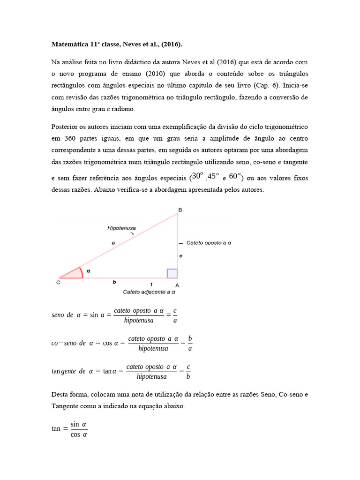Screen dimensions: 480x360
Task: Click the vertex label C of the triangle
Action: [58, 283]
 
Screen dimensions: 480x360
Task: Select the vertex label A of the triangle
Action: [177, 285]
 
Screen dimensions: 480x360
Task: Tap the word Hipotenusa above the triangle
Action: [121, 228]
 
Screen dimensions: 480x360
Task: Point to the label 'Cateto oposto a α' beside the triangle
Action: [209, 243]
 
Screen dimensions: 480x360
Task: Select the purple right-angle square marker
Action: [172, 273]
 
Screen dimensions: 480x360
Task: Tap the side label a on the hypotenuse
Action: [113, 243]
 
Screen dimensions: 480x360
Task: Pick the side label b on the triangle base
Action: [114, 282]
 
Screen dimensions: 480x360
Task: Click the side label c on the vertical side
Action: [181, 256]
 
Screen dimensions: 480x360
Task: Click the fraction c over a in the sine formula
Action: [175, 315]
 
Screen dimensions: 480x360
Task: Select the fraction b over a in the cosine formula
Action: [190, 343]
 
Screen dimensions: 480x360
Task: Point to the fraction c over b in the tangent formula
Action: [188, 371]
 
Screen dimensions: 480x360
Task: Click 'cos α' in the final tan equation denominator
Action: [78, 434]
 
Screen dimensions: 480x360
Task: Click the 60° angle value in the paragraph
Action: [235, 176]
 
